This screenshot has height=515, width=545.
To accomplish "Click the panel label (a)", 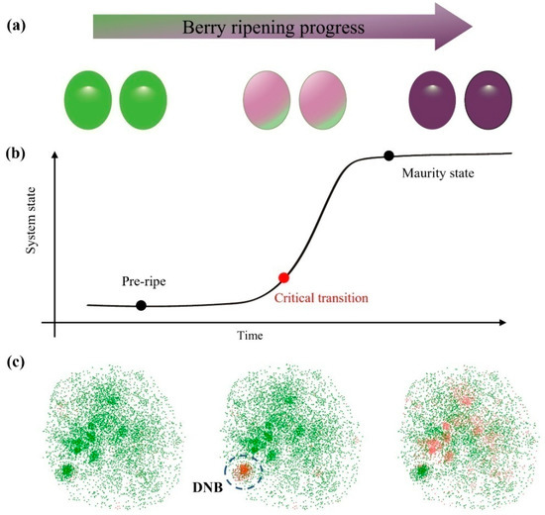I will pyautogui.click(x=17, y=21).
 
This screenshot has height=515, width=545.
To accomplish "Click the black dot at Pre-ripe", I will pyautogui.click(x=141, y=306).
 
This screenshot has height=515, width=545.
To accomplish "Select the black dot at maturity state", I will pyautogui.click(x=388, y=155).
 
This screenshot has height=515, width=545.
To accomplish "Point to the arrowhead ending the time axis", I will pyautogui.click(x=509, y=323).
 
